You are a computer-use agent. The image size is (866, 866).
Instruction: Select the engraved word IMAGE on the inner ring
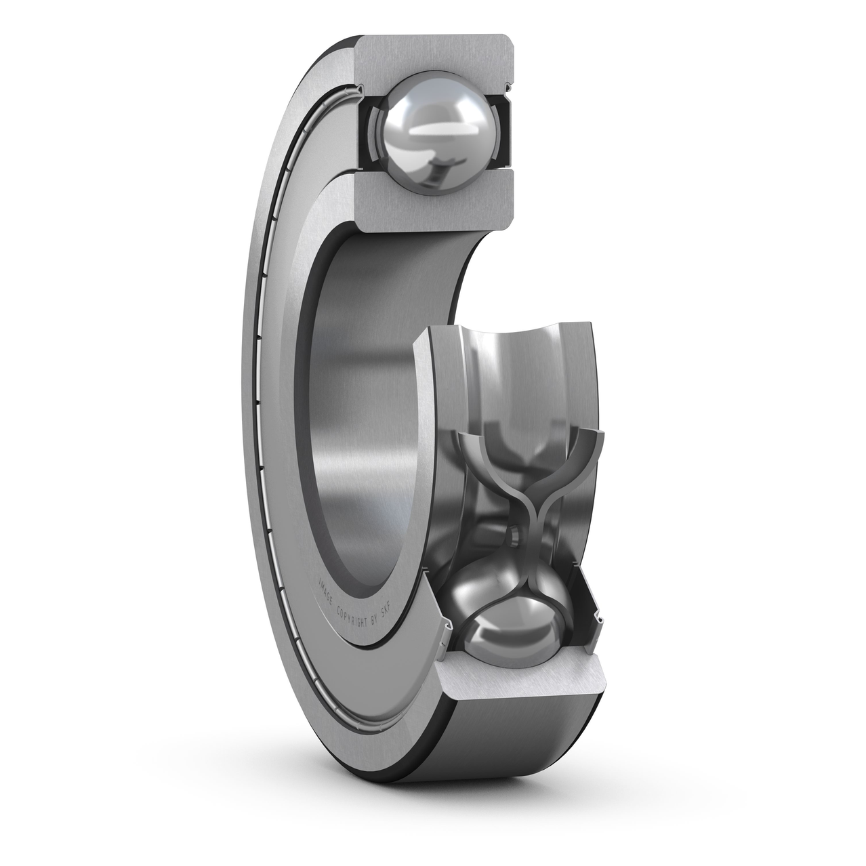(326, 587)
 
